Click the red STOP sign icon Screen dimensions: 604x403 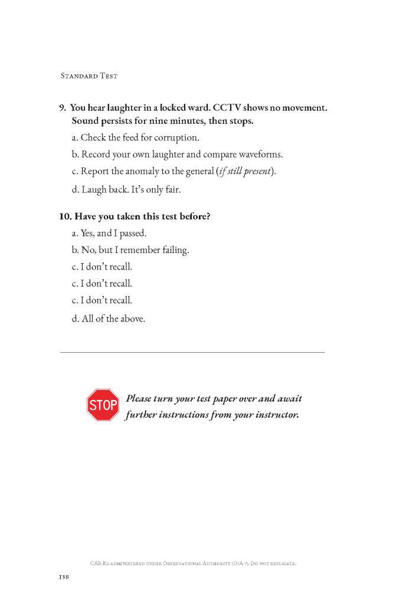click(103, 405)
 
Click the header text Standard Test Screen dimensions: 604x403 click(89, 76)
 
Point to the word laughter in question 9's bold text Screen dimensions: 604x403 click(124, 108)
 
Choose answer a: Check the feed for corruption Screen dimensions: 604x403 click(135, 138)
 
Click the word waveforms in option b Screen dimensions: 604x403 click(260, 155)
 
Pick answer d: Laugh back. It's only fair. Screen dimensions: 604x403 click(126, 189)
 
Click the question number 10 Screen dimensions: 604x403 click(65, 216)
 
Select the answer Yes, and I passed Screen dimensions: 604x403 click(109, 234)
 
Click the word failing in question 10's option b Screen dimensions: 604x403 click(174, 250)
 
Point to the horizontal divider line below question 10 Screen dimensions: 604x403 click(192, 353)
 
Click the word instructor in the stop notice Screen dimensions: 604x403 click(276, 415)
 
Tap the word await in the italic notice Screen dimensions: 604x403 click(289, 399)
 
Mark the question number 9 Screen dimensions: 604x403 click(62, 108)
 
